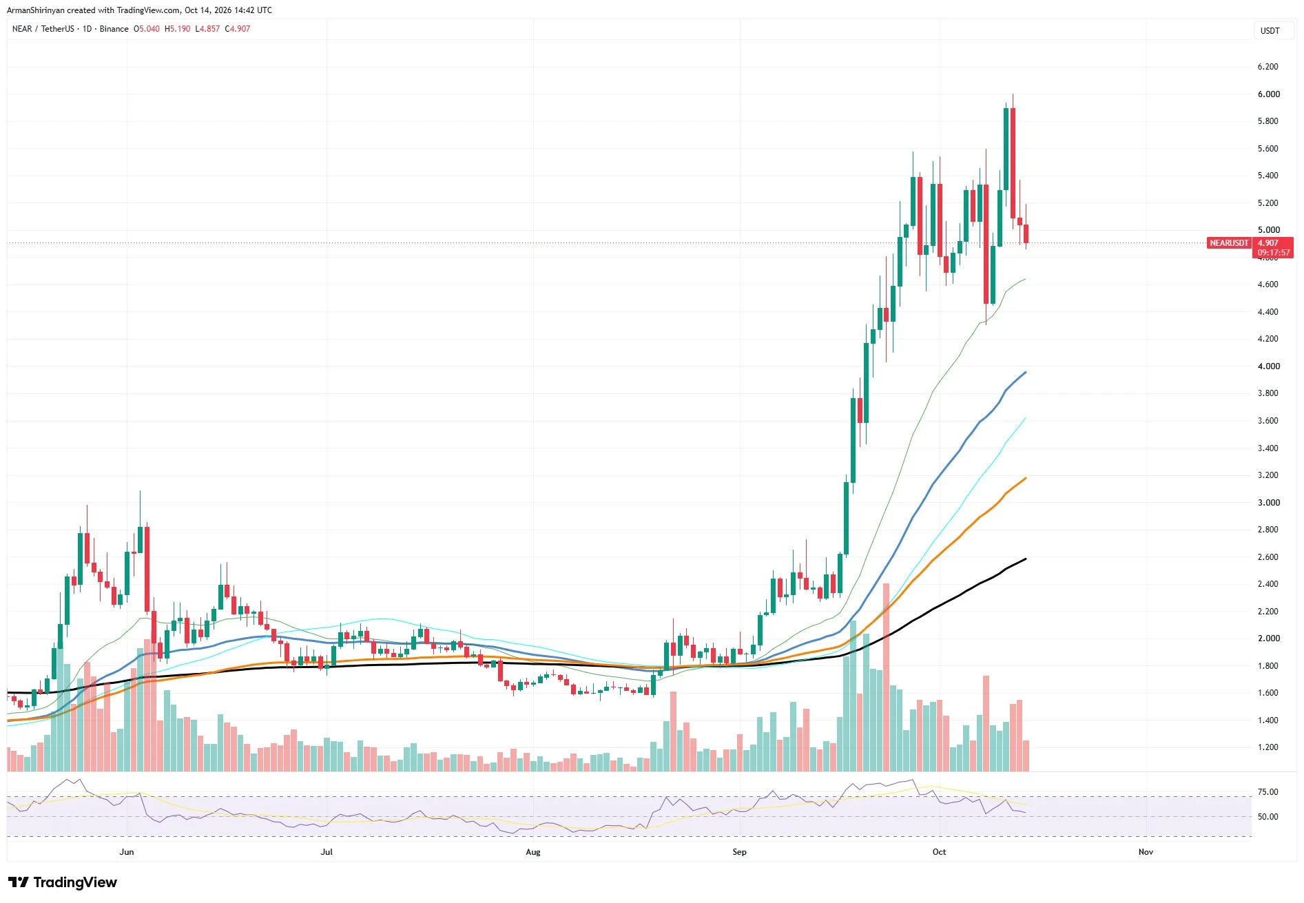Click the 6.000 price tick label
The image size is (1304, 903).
pos(1267,94)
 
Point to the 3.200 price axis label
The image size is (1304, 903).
pos(1267,475)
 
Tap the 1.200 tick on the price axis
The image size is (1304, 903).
pos(1267,747)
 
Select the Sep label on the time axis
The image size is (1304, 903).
pos(739,852)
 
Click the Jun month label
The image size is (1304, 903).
pos(127,852)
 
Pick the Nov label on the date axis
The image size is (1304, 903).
pos(1146,852)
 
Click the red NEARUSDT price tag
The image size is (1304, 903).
pos(1229,243)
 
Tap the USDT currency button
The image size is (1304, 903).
pos(1270,30)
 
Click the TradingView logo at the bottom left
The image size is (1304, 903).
pos(63,882)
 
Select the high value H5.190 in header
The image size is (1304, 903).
pos(177,29)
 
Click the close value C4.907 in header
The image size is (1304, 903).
pos(238,29)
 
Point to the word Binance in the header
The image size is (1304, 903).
pos(114,29)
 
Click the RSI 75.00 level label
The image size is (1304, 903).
pos(1267,792)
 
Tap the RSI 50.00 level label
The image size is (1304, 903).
pos(1267,817)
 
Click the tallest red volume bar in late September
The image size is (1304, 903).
pos(886,677)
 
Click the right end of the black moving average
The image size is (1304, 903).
pos(1026,559)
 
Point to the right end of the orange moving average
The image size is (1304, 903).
pos(1026,478)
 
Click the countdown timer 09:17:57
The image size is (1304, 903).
pos(1274,253)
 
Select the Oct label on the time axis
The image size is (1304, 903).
pos(939,852)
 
